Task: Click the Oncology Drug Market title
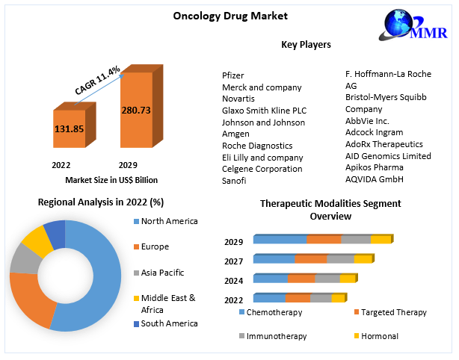click(x=219, y=16)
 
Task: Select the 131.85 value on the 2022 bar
click(x=69, y=128)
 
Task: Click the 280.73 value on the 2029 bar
click(x=136, y=110)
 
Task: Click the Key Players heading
click(x=306, y=45)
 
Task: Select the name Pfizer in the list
click(x=233, y=75)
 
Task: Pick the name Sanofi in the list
click(x=234, y=180)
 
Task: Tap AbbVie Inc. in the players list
click(x=368, y=120)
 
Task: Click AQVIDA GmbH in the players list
click(x=374, y=179)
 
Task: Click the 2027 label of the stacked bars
click(x=233, y=261)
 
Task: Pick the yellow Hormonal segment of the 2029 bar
click(x=381, y=239)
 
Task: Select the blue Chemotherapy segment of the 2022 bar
click(x=269, y=298)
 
